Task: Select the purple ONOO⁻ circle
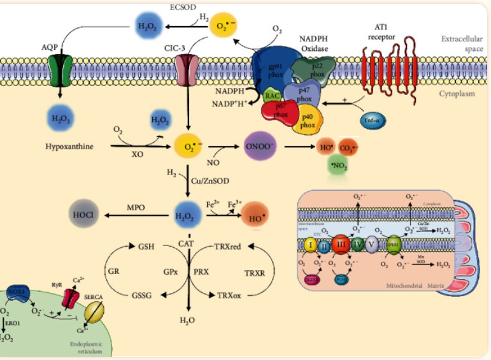[259, 146]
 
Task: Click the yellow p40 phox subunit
[308, 121]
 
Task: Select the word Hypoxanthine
[69, 147]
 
